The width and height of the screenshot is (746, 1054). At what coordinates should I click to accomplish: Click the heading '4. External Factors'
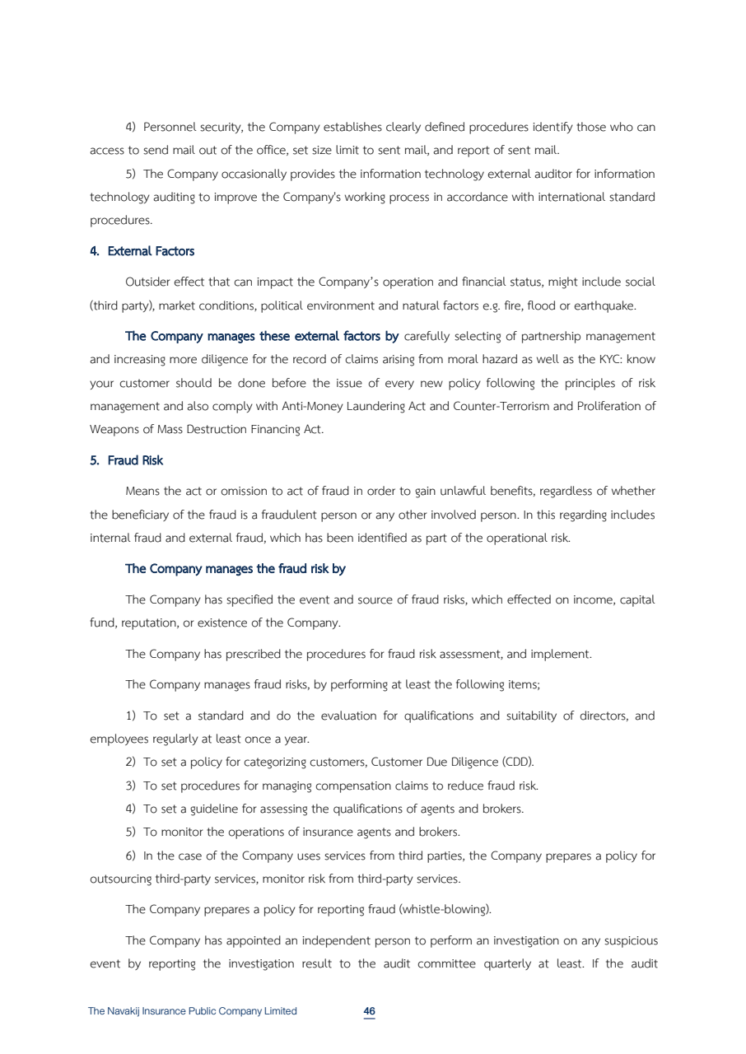pos(142,251)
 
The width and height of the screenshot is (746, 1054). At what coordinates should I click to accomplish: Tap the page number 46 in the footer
pos(370,1011)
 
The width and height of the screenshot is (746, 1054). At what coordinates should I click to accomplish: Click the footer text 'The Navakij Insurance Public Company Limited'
pos(192,1011)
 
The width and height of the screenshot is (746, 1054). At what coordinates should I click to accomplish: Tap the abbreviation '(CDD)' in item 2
pos(517,762)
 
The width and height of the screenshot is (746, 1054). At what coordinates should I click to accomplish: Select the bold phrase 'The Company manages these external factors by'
pos(262,336)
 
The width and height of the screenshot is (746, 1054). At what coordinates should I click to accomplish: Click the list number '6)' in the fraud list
pos(130,856)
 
